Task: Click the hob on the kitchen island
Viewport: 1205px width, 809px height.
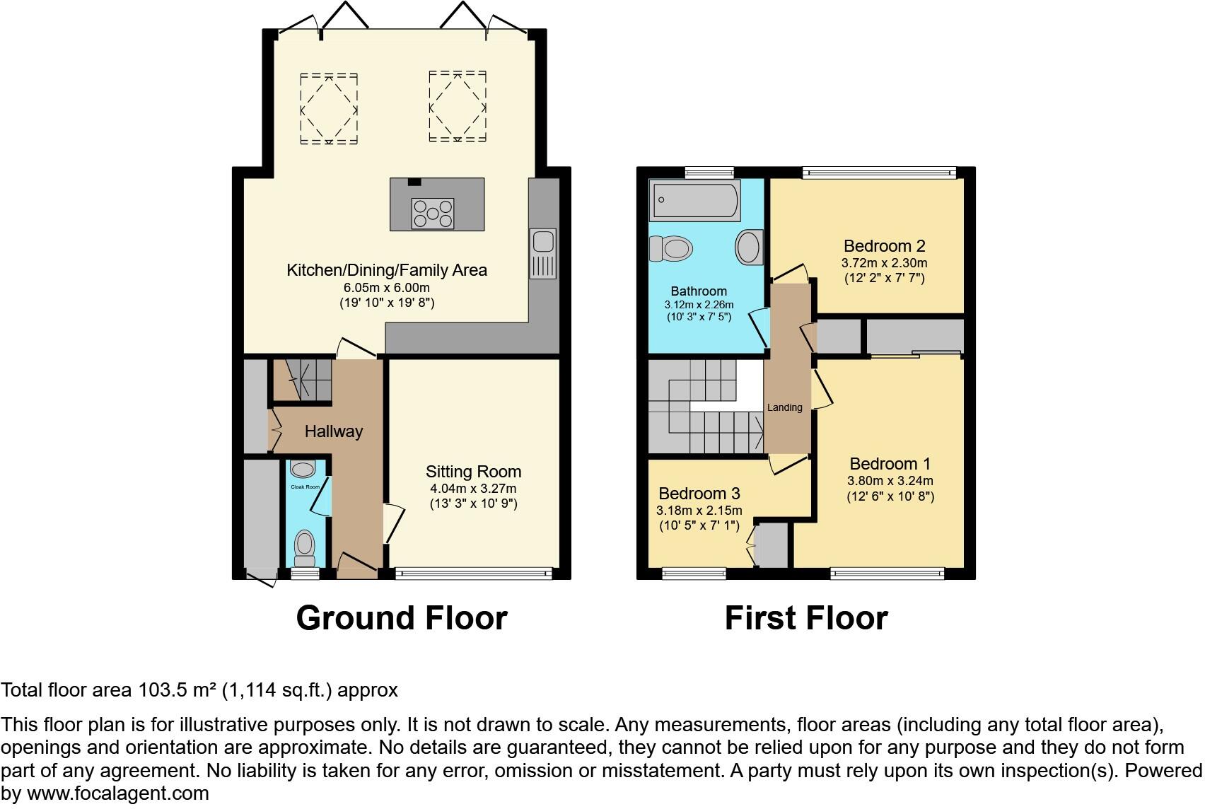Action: tap(433, 214)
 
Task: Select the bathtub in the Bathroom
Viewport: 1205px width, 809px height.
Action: tap(697, 199)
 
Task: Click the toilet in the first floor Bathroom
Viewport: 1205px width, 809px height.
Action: tap(670, 248)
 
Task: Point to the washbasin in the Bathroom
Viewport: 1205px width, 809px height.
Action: tap(749, 248)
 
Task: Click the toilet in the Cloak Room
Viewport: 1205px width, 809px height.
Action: tap(305, 547)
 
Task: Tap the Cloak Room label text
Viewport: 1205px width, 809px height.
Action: tap(305, 487)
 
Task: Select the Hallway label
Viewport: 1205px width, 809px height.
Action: tap(333, 431)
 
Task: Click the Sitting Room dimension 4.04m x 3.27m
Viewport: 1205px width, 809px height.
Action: tap(473, 489)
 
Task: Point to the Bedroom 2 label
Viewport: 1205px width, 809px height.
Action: tap(884, 246)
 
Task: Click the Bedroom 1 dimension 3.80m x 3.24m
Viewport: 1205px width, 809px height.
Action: tap(890, 481)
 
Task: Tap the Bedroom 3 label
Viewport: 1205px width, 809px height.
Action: tap(699, 493)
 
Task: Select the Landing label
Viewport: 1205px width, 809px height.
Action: tap(785, 407)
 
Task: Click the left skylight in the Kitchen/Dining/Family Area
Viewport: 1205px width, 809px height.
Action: tap(329, 109)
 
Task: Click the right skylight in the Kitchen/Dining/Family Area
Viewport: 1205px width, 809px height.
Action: tap(458, 106)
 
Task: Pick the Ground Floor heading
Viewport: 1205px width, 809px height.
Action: tap(401, 618)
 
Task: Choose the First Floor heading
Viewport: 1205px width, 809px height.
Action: tap(805, 618)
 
